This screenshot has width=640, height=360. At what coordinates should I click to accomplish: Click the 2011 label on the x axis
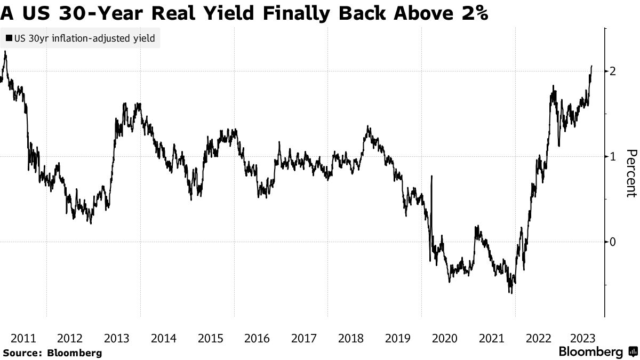[23, 338]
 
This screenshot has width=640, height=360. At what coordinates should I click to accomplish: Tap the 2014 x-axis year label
[164, 338]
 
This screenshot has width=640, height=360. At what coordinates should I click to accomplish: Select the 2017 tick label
[304, 338]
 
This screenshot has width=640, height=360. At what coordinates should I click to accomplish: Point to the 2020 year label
[444, 338]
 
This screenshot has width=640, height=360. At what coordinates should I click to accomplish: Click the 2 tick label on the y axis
[614, 71]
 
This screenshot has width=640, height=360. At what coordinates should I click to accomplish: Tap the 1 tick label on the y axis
[614, 156]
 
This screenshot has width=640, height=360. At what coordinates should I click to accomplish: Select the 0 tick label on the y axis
[614, 242]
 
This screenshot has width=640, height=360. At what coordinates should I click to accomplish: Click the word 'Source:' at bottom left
[22, 353]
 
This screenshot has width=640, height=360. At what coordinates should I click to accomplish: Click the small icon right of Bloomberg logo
[633, 352]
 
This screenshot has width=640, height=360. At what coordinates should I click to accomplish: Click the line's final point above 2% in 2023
[591, 66]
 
